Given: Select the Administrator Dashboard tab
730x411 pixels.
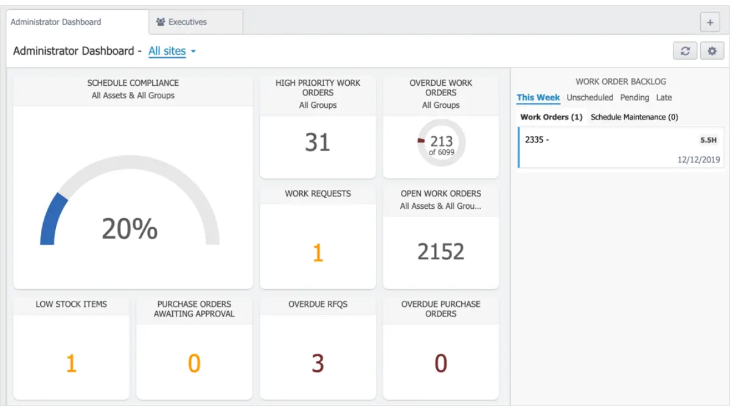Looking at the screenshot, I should (x=56, y=22).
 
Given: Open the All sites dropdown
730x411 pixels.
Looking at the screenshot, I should (x=172, y=51).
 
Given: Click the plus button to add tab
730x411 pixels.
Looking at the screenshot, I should (x=710, y=22).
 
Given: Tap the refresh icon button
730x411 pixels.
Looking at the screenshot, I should (x=685, y=51).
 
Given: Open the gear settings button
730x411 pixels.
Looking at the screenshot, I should (x=712, y=51).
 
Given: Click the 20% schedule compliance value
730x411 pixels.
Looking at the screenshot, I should (x=130, y=229).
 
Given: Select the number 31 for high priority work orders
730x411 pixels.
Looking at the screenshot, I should (x=318, y=142).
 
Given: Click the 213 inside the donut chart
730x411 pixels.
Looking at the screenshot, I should (x=441, y=142).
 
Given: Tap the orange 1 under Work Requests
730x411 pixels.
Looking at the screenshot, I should (x=318, y=253).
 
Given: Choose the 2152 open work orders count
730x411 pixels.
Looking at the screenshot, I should (x=440, y=251).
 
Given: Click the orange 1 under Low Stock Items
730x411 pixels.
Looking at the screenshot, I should (x=71, y=364).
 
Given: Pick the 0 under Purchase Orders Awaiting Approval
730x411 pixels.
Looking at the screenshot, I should (x=193, y=364).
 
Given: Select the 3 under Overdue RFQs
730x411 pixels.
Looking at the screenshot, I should (x=318, y=364).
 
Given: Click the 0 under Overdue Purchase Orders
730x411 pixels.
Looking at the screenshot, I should (x=440, y=364).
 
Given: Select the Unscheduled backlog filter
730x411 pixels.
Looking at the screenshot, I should (x=589, y=97).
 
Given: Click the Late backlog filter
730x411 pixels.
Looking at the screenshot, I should (x=664, y=97).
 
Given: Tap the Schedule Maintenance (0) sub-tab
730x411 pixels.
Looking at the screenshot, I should (x=634, y=117).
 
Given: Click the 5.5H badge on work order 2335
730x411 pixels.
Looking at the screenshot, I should (x=708, y=140).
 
